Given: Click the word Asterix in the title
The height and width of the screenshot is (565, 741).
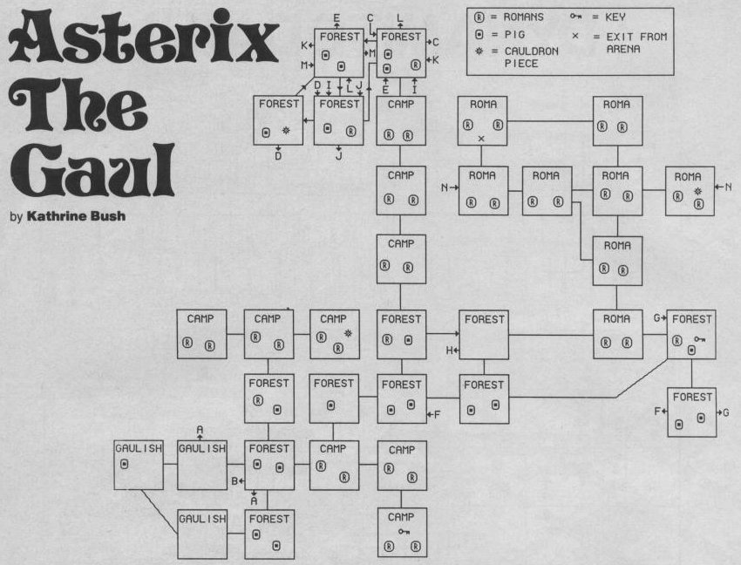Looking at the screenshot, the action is point(144,37).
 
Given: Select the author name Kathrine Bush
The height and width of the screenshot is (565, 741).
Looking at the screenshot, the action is point(76,216).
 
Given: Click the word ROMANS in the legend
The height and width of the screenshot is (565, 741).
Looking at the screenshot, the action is point(523,17).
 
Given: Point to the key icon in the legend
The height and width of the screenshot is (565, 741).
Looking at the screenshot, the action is point(575,17).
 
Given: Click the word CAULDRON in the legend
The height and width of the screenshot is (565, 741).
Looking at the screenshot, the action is point(532,51).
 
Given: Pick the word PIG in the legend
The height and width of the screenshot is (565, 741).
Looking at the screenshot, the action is point(514,35).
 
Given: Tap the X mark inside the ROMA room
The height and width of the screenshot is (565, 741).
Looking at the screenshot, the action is point(481,139).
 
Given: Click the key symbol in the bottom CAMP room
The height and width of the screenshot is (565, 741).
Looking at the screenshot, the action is point(404,532).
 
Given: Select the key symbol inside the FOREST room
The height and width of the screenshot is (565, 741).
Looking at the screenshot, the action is point(700,338).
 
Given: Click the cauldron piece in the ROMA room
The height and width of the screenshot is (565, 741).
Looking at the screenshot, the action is point(698,191).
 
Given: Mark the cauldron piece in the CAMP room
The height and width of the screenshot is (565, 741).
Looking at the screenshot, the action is point(349,333).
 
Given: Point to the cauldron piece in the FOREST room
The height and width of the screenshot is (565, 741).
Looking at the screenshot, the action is point(286,130).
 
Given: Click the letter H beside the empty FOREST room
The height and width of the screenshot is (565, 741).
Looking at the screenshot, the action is point(450,351).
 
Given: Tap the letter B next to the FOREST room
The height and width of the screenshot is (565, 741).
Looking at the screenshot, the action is point(235,481).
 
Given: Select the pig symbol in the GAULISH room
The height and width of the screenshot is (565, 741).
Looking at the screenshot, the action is point(125,464).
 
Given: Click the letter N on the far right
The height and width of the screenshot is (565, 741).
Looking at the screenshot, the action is point(728,187).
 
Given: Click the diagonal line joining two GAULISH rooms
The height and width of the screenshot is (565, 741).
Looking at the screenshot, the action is point(160,512).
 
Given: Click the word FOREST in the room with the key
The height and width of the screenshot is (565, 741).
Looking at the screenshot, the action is point(692,319).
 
